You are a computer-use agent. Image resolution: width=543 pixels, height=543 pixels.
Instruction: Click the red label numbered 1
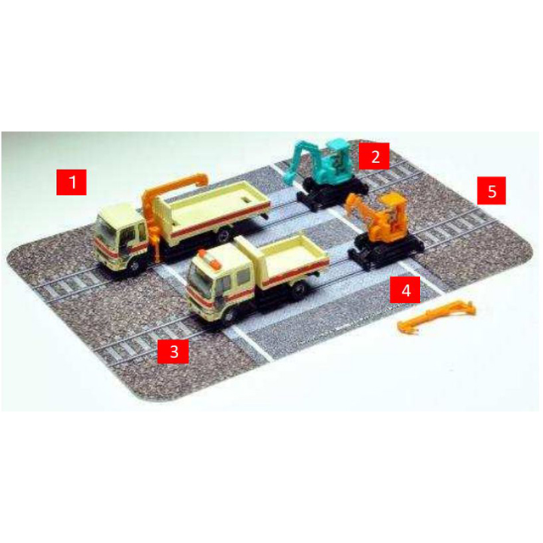click(71, 182)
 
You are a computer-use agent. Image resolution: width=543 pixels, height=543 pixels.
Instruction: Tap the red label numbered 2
click(374, 156)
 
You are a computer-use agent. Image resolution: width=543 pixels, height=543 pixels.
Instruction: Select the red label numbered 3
click(173, 351)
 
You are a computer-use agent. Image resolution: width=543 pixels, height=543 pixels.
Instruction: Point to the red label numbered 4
click(406, 289)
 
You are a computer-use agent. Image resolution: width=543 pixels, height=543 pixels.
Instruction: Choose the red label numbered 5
click(491, 190)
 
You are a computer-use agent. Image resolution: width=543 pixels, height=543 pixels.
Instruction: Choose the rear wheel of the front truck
click(299, 288)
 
